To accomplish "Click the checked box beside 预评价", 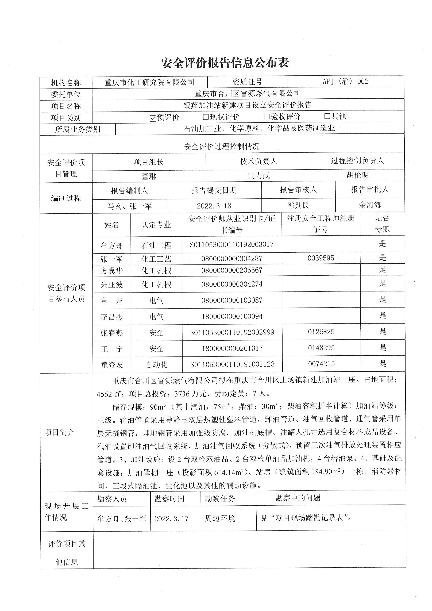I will click(x=153, y=118).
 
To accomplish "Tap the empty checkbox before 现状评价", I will click(x=206, y=117).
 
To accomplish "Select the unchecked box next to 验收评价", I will click(x=267, y=117).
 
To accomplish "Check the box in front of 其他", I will click(x=327, y=116).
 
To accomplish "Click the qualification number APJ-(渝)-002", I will click(x=346, y=81).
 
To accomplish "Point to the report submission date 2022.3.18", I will click(x=214, y=206).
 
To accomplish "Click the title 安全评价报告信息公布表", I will click(x=225, y=63).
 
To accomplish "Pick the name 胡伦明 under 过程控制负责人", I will click(x=357, y=175).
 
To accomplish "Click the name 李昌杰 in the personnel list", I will click(x=112, y=317).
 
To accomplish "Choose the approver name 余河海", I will click(x=370, y=205).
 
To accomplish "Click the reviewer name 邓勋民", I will click(x=298, y=205).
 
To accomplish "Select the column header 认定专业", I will click(x=156, y=225).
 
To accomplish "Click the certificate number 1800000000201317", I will click(x=232, y=348).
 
